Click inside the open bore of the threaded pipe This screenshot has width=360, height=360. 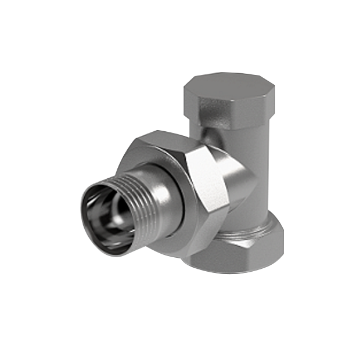tap(105, 218)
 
